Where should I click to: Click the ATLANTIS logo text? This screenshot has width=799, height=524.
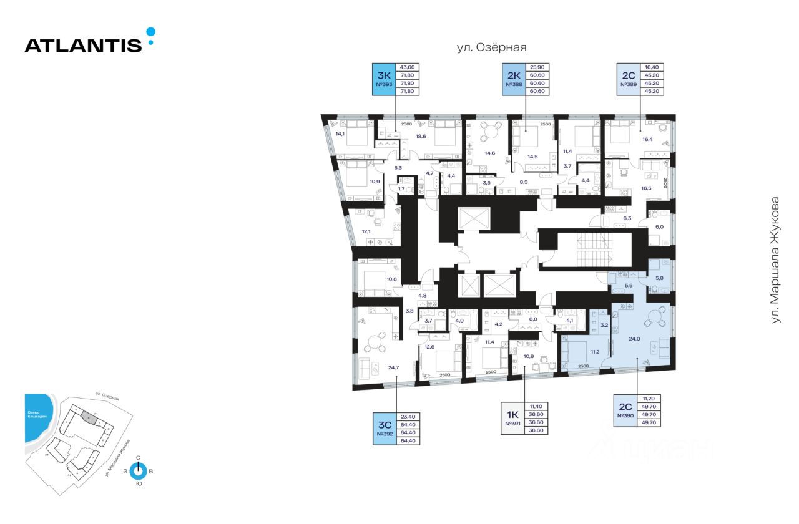coord(83,45)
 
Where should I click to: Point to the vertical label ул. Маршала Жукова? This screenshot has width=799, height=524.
coord(775,260)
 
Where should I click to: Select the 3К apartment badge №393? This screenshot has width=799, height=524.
coord(383,79)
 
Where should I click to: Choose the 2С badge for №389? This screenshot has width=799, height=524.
coord(627,79)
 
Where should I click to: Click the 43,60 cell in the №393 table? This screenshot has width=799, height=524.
coord(407,67)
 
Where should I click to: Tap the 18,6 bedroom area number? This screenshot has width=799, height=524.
coord(421,136)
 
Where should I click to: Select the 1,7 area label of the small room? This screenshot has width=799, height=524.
coord(402,188)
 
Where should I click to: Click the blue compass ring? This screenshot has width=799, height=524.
coord(138,472)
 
